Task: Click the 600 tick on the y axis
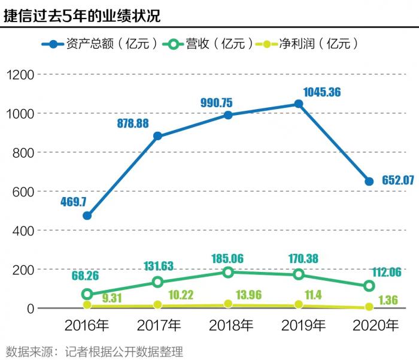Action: [23, 192]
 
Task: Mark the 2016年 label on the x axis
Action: [87, 326]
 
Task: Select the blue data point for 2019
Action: [299, 104]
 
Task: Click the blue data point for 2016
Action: [87, 216]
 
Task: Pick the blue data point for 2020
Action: [369, 181]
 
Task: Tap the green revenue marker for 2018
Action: [228, 272]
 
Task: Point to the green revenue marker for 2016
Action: [87, 294]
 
